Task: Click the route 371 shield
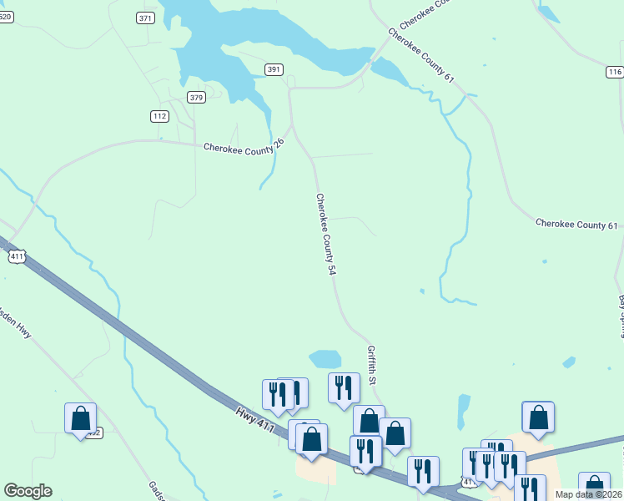click(146, 18)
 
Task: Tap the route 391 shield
click(274, 69)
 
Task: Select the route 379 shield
click(196, 98)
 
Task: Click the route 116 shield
click(615, 73)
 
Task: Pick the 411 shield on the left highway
click(18, 257)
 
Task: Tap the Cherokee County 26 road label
click(244, 146)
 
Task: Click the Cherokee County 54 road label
click(325, 235)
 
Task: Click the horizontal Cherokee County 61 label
click(576, 225)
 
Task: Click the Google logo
click(28, 491)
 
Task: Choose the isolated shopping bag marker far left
click(81, 418)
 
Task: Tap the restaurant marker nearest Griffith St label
click(344, 387)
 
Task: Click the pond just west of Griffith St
click(325, 359)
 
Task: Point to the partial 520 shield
click(5, 17)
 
